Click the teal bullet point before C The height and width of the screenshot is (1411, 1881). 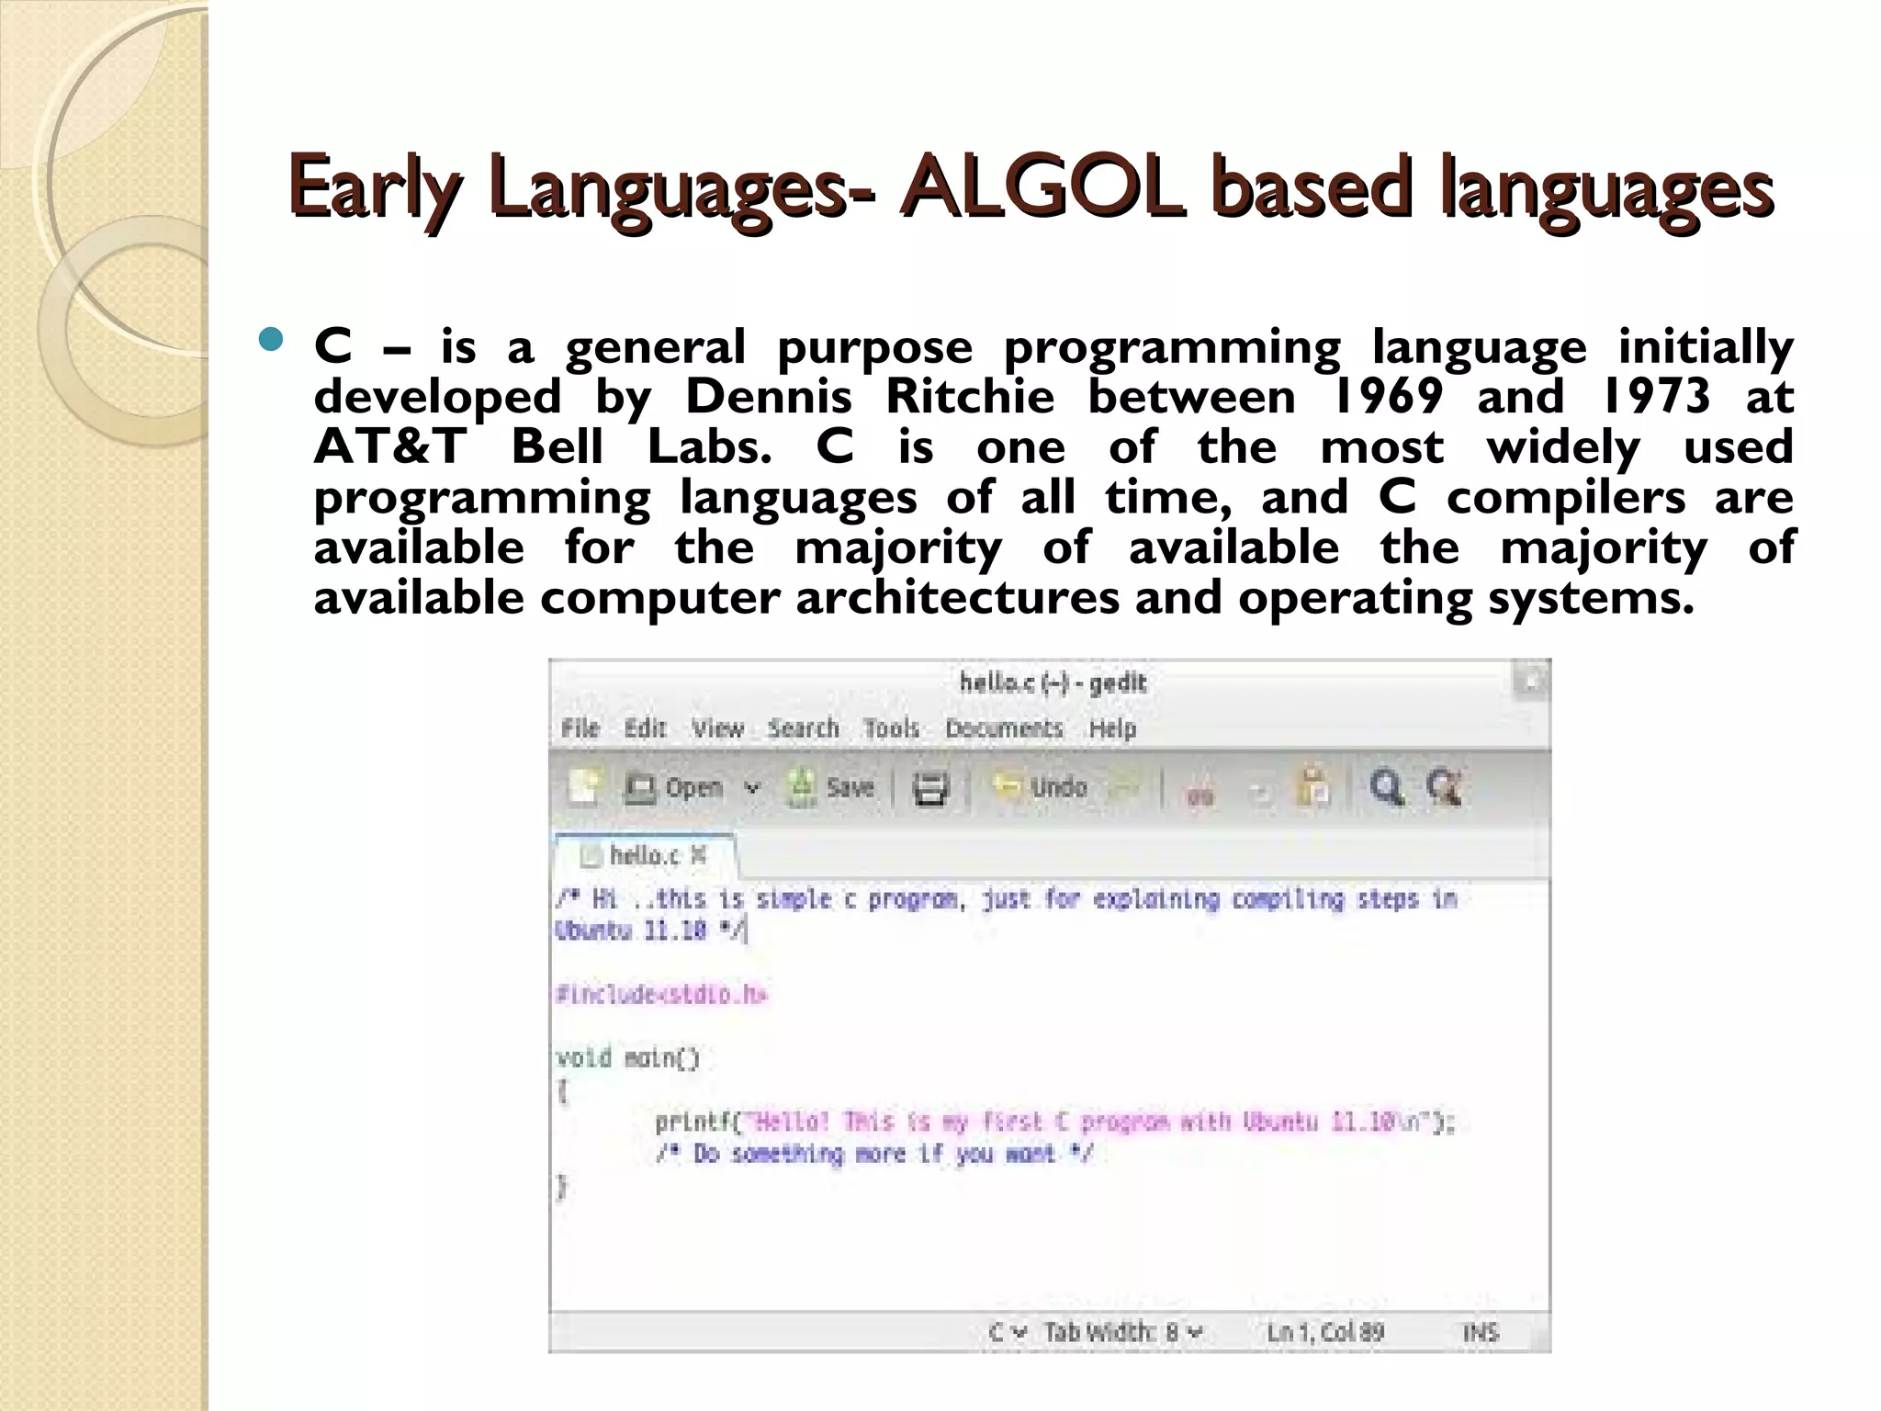pyautogui.click(x=272, y=342)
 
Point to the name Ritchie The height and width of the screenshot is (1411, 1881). pyautogui.click(x=969, y=397)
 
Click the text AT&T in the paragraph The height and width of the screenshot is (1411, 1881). pyautogui.click(x=390, y=447)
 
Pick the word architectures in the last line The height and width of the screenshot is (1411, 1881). pyautogui.click(x=957, y=598)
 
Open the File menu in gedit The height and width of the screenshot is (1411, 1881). pyautogui.click(x=580, y=728)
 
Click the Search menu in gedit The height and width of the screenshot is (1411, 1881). pyautogui.click(x=804, y=728)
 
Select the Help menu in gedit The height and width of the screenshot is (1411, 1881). pyautogui.click(x=1112, y=728)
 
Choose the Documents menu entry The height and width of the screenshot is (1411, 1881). pyautogui.click(x=1004, y=728)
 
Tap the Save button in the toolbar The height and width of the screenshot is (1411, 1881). pyautogui.click(x=831, y=788)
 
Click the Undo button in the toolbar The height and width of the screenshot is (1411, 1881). pyautogui.click(x=1042, y=788)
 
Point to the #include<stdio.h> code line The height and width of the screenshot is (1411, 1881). pyautogui.click(x=661, y=995)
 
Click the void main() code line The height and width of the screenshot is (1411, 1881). pyautogui.click(x=628, y=1058)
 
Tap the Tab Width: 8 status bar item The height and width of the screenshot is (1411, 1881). pyautogui.click(x=1122, y=1332)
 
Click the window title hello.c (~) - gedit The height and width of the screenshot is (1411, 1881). pyautogui.click(x=1053, y=683)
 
